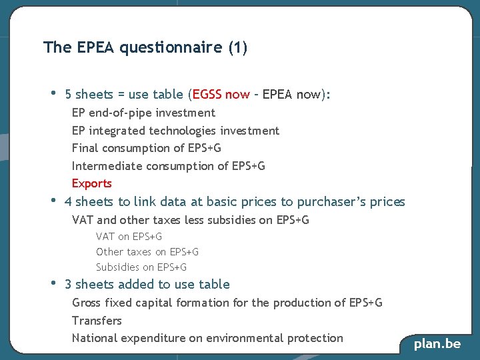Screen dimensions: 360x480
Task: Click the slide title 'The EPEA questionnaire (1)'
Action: [x=145, y=48]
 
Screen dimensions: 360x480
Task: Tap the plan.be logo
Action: [x=437, y=344]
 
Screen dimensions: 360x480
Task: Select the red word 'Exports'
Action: [x=92, y=183]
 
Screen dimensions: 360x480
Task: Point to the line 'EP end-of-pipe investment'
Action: [x=143, y=113]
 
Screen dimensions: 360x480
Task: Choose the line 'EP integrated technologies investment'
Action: [x=175, y=131]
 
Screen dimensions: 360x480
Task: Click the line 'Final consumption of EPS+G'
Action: [x=146, y=148]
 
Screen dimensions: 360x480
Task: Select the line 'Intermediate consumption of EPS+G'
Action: [x=168, y=166]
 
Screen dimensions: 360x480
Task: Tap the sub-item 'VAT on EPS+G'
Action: [x=129, y=236]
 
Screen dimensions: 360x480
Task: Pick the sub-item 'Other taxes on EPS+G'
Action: [x=147, y=251]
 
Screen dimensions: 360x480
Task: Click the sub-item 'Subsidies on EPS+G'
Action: [x=141, y=267]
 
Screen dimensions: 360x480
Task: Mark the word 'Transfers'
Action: [x=97, y=321]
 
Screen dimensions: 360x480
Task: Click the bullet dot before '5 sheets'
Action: [x=53, y=93]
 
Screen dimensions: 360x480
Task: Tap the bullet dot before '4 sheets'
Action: [x=53, y=200]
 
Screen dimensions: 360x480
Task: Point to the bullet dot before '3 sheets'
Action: [x=53, y=283]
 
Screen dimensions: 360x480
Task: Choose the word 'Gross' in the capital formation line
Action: [x=87, y=303]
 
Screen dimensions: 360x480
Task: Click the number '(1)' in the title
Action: [x=237, y=48]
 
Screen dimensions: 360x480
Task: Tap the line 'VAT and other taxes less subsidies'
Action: [x=190, y=220]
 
